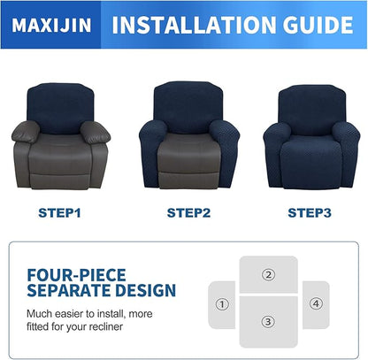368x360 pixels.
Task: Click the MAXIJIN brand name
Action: [x=49, y=25]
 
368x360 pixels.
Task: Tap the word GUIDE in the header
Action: [x=315, y=25]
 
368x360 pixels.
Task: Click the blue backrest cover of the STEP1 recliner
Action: [x=60, y=106]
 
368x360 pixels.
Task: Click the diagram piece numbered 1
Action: [x=221, y=303]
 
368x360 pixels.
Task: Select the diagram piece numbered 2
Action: [x=268, y=274]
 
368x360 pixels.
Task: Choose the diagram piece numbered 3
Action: [x=268, y=322]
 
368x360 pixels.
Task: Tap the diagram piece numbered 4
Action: [x=315, y=303]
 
